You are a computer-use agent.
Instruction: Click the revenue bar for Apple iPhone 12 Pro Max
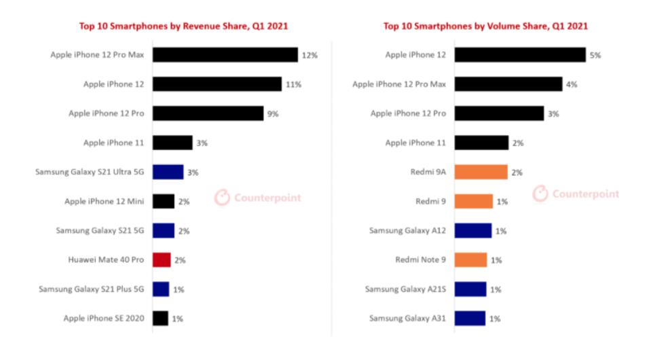coord(225,55)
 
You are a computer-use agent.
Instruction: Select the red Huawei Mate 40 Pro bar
coord(161,259)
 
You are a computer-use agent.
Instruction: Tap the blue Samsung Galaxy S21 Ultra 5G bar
coord(168,172)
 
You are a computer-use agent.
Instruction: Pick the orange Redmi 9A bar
coord(481,172)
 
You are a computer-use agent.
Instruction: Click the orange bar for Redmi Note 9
coord(470,259)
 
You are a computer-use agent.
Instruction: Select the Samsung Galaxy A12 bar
coord(472,230)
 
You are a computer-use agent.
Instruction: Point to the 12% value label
coord(310,55)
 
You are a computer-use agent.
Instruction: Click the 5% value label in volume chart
coord(595,55)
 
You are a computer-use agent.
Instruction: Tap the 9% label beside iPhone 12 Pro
coord(273,113)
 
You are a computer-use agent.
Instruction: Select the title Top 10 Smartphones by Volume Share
coord(485,26)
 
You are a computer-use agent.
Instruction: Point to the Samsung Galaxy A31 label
coord(407,318)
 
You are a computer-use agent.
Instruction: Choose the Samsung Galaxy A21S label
coord(405,289)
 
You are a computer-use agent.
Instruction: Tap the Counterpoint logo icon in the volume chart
coord(540,194)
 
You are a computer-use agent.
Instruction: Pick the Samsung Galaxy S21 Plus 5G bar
coord(161,289)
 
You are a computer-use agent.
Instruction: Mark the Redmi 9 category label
coord(430,201)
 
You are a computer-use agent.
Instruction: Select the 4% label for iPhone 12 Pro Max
coord(572,84)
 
